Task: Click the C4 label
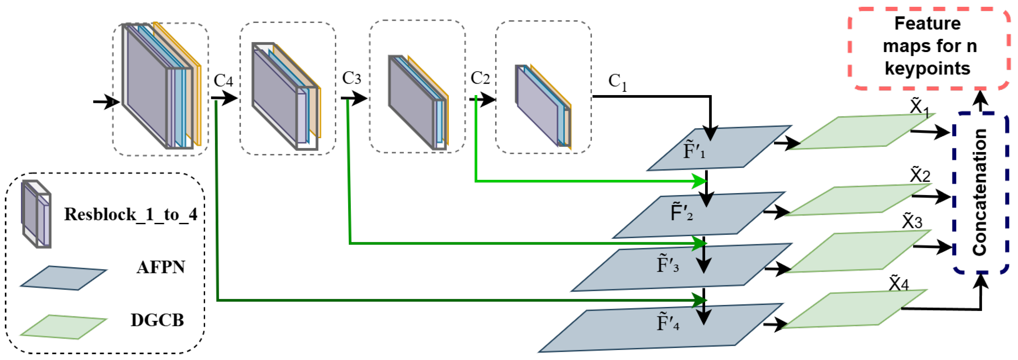(223, 81)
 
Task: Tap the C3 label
(351, 78)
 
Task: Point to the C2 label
(480, 78)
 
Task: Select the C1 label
(617, 82)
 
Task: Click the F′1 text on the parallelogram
(694, 150)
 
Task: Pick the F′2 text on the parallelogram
(681, 212)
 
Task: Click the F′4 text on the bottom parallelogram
(668, 322)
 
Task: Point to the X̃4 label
(899, 284)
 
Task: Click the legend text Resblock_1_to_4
(130, 214)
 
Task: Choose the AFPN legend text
(160, 267)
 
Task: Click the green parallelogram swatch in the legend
(63, 327)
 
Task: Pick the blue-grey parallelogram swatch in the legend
(63, 278)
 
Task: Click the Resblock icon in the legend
(36, 214)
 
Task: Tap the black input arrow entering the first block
(105, 102)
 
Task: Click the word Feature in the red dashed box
(927, 24)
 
